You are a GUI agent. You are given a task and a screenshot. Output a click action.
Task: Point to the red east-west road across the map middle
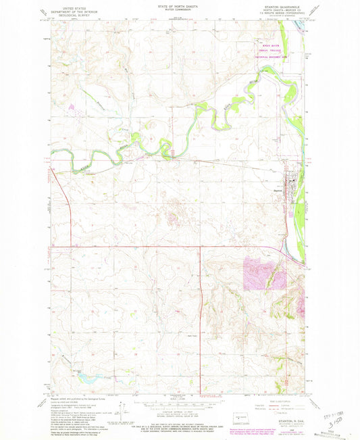pos(135,248)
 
